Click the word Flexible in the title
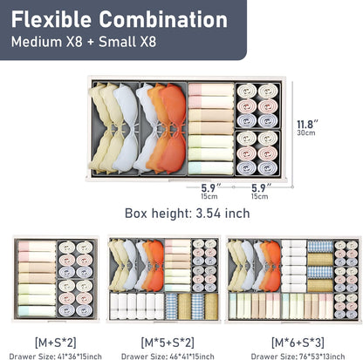click(51, 19)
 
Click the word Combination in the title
click(163, 19)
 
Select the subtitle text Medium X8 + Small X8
click(84, 42)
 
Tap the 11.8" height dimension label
click(307, 125)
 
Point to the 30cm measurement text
click(306, 132)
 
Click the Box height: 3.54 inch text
click(188, 214)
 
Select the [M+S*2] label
click(55, 343)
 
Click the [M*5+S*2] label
click(168, 343)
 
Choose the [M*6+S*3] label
click(298, 343)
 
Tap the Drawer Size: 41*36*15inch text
click(55, 357)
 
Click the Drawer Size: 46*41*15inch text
click(168, 357)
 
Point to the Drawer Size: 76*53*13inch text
click(298, 357)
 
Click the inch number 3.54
click(208, 214)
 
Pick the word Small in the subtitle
click(118, 42)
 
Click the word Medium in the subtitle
click(37, 42)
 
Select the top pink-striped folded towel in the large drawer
click(211, 90)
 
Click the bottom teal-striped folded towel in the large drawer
click(211, 168)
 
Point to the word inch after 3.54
click(237, 214)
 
